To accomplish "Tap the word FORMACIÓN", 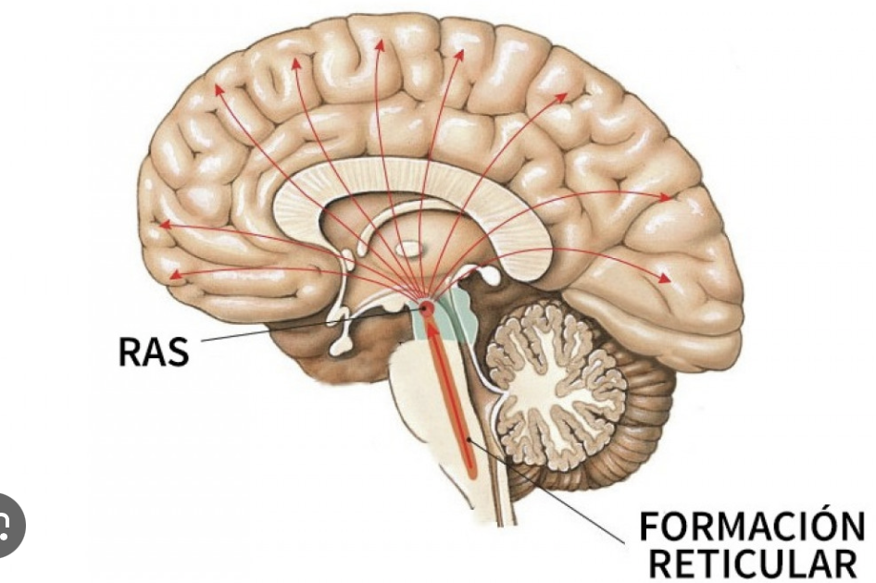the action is (x=752, y=528).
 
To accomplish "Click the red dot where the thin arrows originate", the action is (x=427, y=307).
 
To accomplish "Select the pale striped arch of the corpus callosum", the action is (x=435, y=176).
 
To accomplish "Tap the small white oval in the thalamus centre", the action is (x=407, y=248).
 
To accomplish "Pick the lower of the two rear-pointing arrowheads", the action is (x=663, y=278).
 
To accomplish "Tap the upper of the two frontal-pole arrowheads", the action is (x=165, y=224).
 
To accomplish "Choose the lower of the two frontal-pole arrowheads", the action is (x=174, y=275).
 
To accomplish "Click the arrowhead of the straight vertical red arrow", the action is (x=378, y=44).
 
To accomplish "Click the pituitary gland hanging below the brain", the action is (x=341, y=344).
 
